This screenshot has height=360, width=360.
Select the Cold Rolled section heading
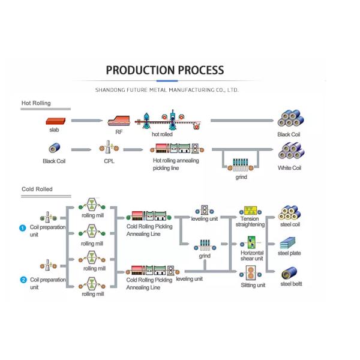click(37, 190)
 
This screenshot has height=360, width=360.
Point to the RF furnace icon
click(119, 122)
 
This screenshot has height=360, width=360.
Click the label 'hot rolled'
click(162, 135)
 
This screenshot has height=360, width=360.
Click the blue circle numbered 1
click(22, 228)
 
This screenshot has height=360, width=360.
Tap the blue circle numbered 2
click(22, 280)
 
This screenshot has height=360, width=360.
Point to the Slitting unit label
click(253, 286)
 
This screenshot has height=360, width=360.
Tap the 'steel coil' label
click(290, 225)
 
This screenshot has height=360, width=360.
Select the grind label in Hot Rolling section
click(241, 178)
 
